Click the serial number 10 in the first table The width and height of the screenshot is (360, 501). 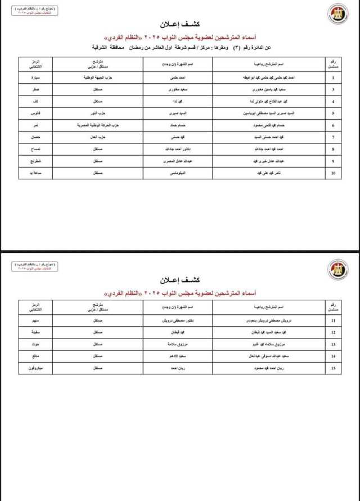tap(334, 174)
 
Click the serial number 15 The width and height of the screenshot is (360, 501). tap(334, 368)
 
